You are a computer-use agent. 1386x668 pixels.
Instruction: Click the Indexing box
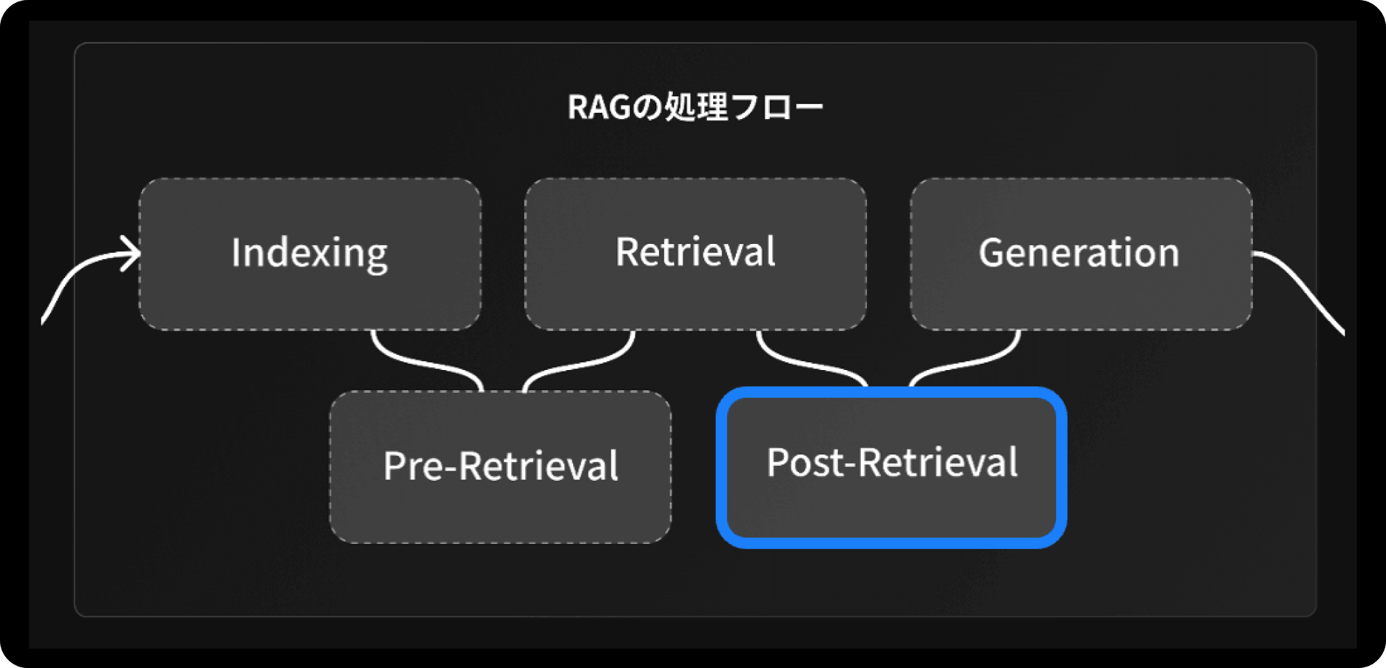coord(310,254)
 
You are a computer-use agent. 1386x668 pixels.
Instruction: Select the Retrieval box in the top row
coord(696,254)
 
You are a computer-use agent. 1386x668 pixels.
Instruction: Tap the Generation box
coord(1081,254)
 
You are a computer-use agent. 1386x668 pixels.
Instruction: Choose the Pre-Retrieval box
coord(500,467)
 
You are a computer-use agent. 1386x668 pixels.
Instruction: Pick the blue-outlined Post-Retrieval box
coord(891,467)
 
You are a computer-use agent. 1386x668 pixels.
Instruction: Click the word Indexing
coord(309,254)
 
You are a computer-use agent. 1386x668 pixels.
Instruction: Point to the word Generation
coord(1079,252)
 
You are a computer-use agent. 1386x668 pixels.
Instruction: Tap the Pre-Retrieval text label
coord(500,465)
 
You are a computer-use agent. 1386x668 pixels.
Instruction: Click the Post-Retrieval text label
coord(893,462)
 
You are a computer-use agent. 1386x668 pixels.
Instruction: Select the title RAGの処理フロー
coord(695,107)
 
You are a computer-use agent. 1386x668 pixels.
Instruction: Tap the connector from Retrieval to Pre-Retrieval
coord(579,362)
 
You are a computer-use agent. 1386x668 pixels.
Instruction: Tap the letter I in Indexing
coord(236,252)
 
